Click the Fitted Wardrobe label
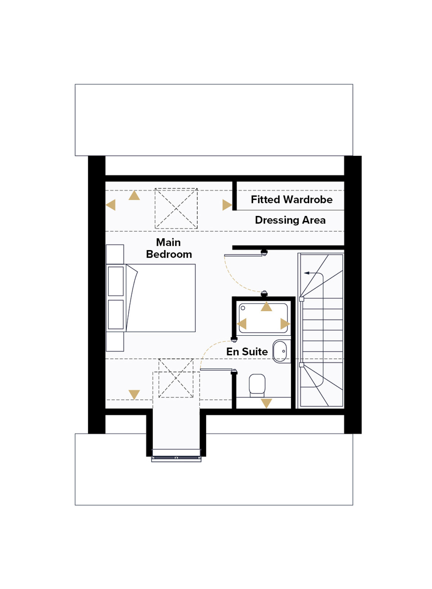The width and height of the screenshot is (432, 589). pos(291,200)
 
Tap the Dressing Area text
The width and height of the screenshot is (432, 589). pos(290,220)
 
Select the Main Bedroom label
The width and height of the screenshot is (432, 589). pos(168,248)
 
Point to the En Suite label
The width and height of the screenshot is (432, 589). pos(247,352)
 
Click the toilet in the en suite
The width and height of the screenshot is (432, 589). pos(257,385)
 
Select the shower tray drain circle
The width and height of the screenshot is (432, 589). pos(243,308)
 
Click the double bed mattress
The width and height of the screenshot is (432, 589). pos(161,298)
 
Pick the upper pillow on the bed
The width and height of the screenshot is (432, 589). pos(116,281)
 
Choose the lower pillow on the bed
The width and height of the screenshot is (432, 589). pos(116,314)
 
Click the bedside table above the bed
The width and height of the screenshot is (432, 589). pos(115,254)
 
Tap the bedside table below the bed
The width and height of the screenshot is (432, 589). pos(115,341)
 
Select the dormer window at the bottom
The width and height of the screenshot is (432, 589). pos(176,458)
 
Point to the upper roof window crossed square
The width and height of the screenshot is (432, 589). pos(176,208)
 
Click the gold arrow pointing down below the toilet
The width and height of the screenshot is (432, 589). pos(266,403)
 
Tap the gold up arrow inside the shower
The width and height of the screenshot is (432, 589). pos(266,306)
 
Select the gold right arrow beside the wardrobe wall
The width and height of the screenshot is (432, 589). pos(227,205)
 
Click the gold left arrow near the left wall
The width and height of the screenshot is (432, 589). pos(111,205)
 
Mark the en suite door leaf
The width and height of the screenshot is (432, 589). pos(216,370)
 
